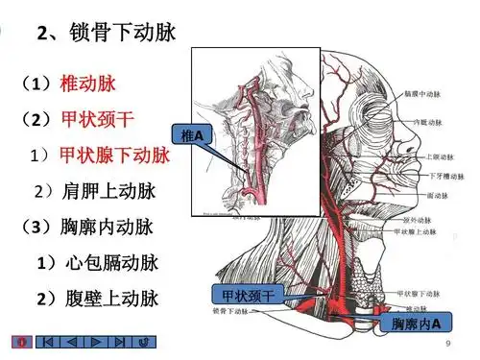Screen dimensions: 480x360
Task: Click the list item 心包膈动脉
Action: click(x=116, y=262)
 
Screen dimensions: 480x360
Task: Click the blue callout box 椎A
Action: click(x=192, y=138)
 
